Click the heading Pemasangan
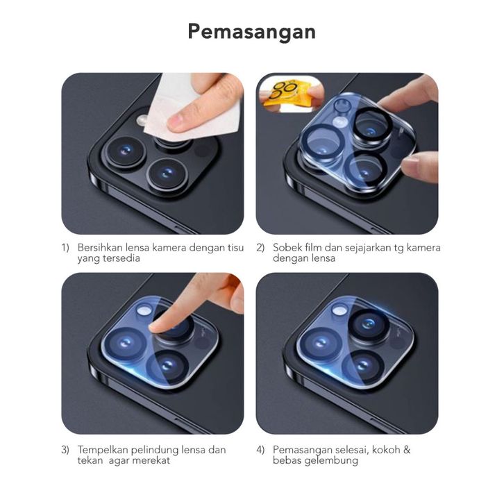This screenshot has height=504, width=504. [x=252, y=32]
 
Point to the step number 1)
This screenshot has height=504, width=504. [x=65, y=248]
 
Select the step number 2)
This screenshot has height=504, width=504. [x=260, y=248]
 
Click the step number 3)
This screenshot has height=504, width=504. [x=65, y=450]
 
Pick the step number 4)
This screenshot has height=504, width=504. [x=260, y=450]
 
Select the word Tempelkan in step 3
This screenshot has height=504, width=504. [x=103, y=449]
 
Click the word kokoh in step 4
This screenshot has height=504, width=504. [x=386, y=449]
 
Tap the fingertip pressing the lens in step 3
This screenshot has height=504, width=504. [x=157, y=326]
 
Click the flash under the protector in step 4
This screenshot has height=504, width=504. [x=339, y=310]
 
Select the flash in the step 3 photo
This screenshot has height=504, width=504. [x=144, y=310]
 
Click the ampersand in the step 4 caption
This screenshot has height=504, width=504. [x=407, y=449]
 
